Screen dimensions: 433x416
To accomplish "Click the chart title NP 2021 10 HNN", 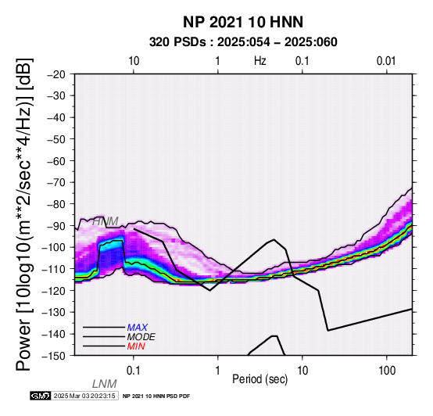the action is tap(243, 22).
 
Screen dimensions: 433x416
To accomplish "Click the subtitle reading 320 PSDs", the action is tap(177, 42).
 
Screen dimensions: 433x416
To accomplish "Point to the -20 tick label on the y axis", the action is tap(56, 74).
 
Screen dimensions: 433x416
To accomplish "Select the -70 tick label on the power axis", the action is tap(56, 182).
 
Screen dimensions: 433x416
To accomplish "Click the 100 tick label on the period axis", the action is tap(387, 371).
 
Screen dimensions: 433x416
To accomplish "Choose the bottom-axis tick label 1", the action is tap(217, 371).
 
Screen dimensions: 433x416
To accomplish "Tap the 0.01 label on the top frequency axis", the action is tap(386, 61).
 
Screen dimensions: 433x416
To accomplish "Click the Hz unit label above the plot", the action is tap(259, 61).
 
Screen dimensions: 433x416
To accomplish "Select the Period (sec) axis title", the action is tap(259, 379).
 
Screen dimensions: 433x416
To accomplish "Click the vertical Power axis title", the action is tap(24, 214).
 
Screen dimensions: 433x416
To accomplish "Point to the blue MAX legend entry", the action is tap(138, 328).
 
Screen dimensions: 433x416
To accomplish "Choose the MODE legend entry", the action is tap(141, 337).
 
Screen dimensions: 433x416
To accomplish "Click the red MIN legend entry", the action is tap(136, 346).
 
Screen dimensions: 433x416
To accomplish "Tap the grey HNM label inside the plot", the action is tap(106, 221).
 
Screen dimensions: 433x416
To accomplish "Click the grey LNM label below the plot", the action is tap(105, 384).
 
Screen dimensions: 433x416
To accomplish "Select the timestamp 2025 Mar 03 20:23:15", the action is tap(84, 396).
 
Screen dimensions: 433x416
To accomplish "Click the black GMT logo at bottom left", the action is tap(41, 396).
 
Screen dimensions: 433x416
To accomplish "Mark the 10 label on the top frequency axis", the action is tap(134, 61).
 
